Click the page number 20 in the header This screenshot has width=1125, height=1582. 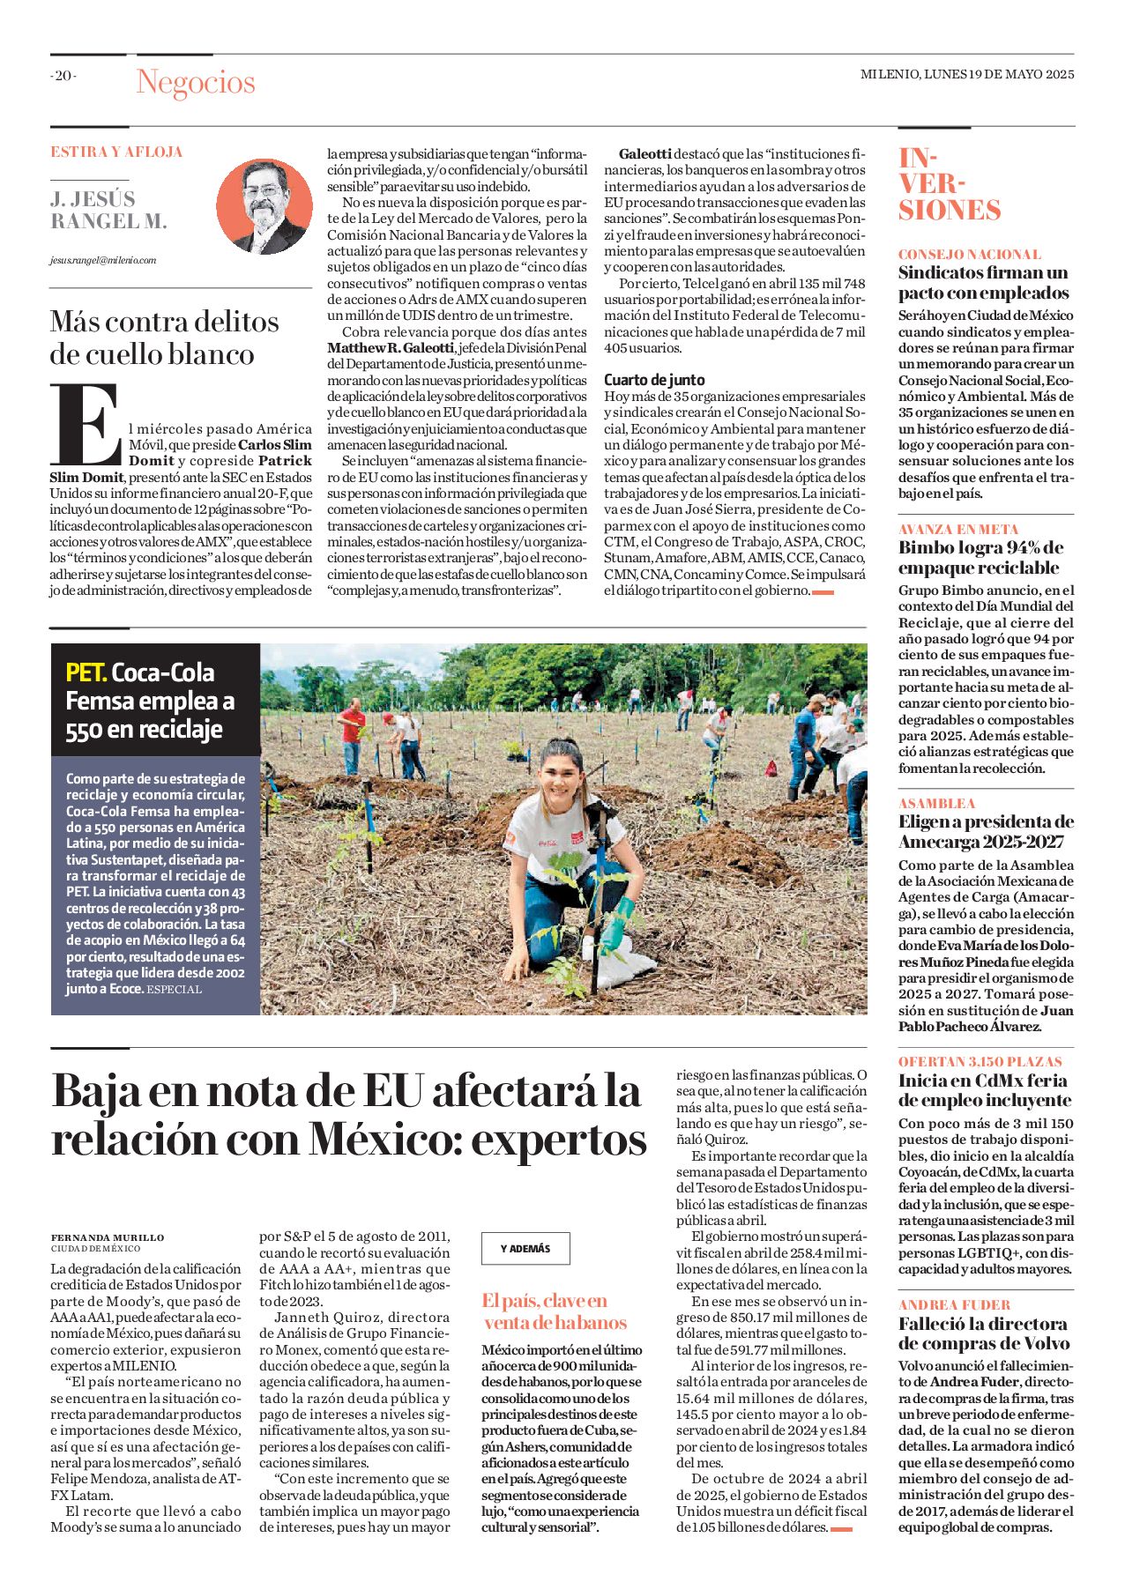coord(63,76)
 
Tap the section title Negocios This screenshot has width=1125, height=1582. coord(196,82)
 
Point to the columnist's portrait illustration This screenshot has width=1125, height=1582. coord(264,206)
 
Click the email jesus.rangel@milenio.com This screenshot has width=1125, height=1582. coord(103,260)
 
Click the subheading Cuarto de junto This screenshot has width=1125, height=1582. coord(654,380)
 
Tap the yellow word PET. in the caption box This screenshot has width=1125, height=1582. coord(86,672)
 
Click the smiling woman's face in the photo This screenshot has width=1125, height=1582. coord(564,773)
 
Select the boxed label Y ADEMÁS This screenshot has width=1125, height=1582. coord(525,1248)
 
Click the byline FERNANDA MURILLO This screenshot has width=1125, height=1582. coord(108,1237)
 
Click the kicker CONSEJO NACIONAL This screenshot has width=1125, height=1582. coord(970,254)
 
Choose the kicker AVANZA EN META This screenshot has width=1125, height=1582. coord(958,529)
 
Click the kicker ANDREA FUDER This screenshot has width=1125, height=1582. coord(955,1304)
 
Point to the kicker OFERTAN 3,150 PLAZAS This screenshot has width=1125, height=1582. coord(980,1061)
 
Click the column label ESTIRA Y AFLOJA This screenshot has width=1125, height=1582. coord(116,152)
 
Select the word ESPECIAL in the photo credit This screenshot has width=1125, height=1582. coord(175,989)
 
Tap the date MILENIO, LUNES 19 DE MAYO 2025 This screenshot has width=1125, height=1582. coord(967,75)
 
